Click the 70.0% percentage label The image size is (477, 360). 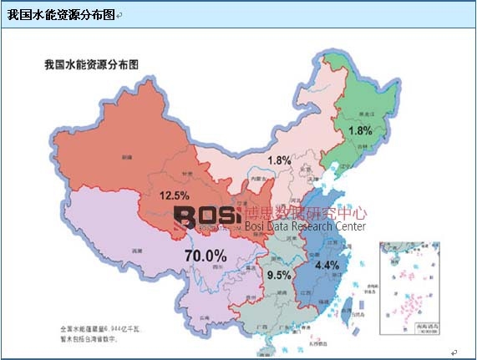(205, 255)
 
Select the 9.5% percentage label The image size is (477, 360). (278, 274)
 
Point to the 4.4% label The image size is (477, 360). (327, 265)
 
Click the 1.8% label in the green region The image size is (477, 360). (360, 131)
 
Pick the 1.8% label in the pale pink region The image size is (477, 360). (279, 160)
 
